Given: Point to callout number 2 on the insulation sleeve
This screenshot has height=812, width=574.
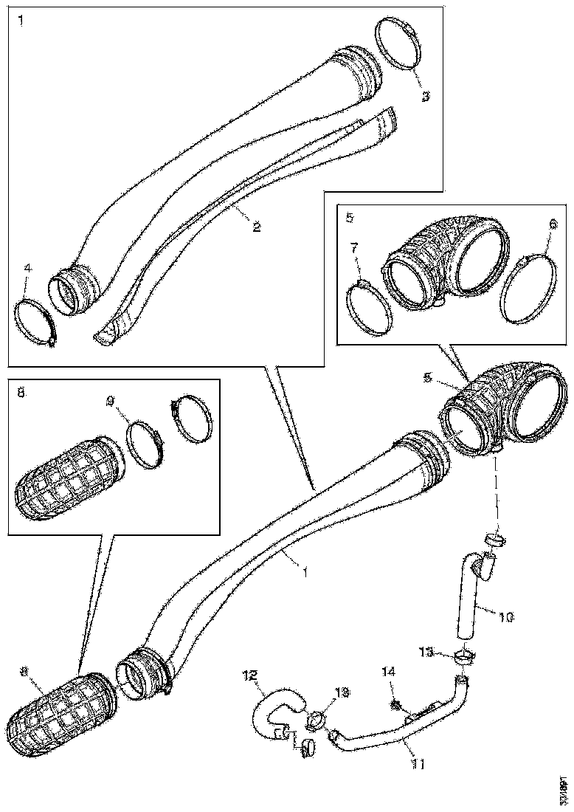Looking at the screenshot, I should [x=256, y=227].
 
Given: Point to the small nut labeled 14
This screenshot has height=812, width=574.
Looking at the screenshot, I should [x=396, y=706].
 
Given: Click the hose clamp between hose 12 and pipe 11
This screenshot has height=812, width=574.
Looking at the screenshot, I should [x=312, y=718].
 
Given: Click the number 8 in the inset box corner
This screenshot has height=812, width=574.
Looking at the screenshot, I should [x=21, y=393].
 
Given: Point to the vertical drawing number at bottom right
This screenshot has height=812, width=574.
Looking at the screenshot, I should [x=563, y=790].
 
